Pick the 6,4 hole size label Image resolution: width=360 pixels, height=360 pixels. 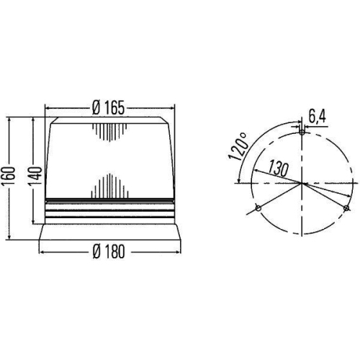click(x=317, y=116)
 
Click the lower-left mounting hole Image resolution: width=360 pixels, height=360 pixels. click(x=257, y=210)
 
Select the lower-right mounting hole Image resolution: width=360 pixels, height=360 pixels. click(x=346, y=210)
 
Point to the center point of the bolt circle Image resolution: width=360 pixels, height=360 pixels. click(x=302, y=184)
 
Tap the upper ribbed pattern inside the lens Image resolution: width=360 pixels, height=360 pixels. click(x=109, y=133)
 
